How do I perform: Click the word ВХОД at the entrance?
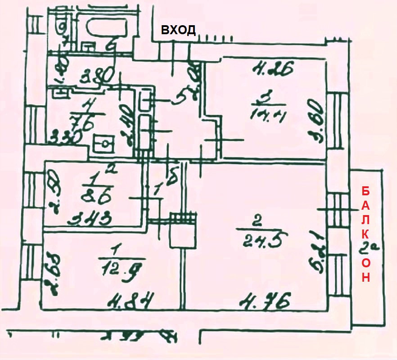(x=178, y=30)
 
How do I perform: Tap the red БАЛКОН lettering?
(x=366, y=234)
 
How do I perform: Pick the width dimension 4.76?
(x=263, y=300)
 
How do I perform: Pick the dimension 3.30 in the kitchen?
(x=66, y=135)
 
